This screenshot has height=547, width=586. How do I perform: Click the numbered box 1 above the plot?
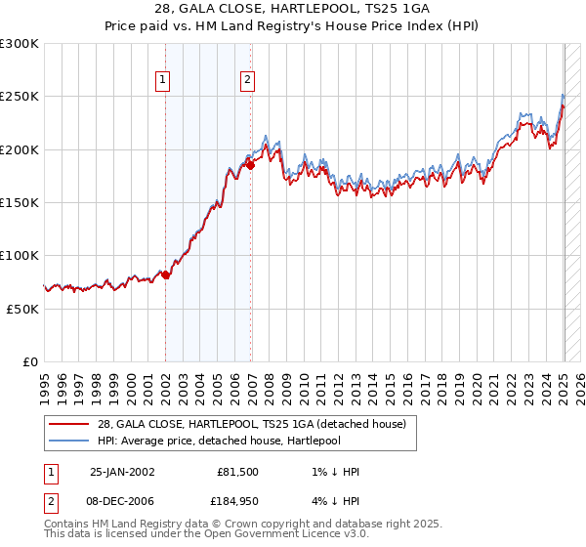coord(163,81)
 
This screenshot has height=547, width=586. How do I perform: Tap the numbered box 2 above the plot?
coord(248,81)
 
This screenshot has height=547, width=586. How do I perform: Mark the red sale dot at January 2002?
coord(165,275)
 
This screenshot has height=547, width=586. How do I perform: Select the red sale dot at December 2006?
coord(250,165)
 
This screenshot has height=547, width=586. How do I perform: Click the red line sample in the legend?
coord(69,424)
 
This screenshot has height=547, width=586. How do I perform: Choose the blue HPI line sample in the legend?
coord(69,441)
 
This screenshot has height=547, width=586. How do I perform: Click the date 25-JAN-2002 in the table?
coord(122,472)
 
